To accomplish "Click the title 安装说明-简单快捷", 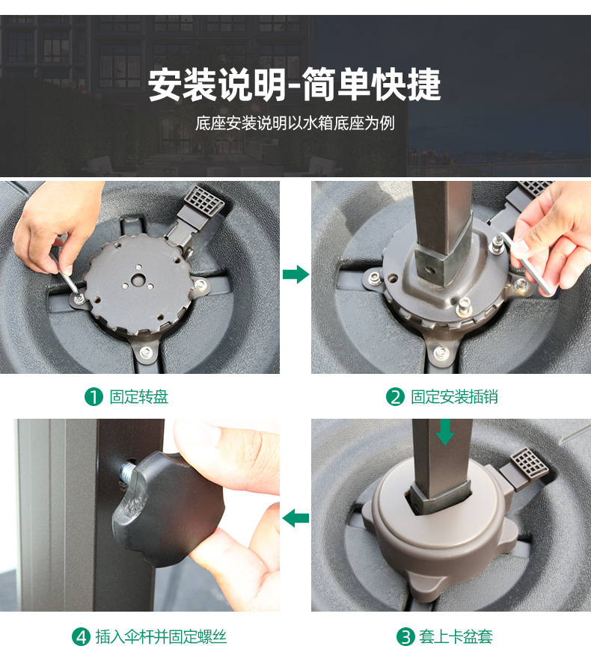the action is [x=294, y=84].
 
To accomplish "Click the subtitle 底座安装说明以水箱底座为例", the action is [x=295, y=123].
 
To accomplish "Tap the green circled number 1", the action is [x=94, y=397].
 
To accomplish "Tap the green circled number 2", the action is [x=395, y=397].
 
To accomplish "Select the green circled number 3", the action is [x=405, y=637].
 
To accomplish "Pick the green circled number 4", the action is [x=81, y=637].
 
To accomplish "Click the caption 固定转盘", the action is [x=138, y=397].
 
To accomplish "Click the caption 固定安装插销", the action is [x=454, y=397].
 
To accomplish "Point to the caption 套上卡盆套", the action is [x=456, y=637].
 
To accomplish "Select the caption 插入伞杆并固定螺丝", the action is [x=161, y=637].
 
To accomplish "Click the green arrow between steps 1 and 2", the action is [x=296, y=274].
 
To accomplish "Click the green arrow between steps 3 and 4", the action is [x=295, y=518].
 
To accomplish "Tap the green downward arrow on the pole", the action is [x=444, y=432].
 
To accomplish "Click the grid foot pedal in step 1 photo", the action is [x=204, y=202].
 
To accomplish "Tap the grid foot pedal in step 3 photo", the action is [x=529, y=463].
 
